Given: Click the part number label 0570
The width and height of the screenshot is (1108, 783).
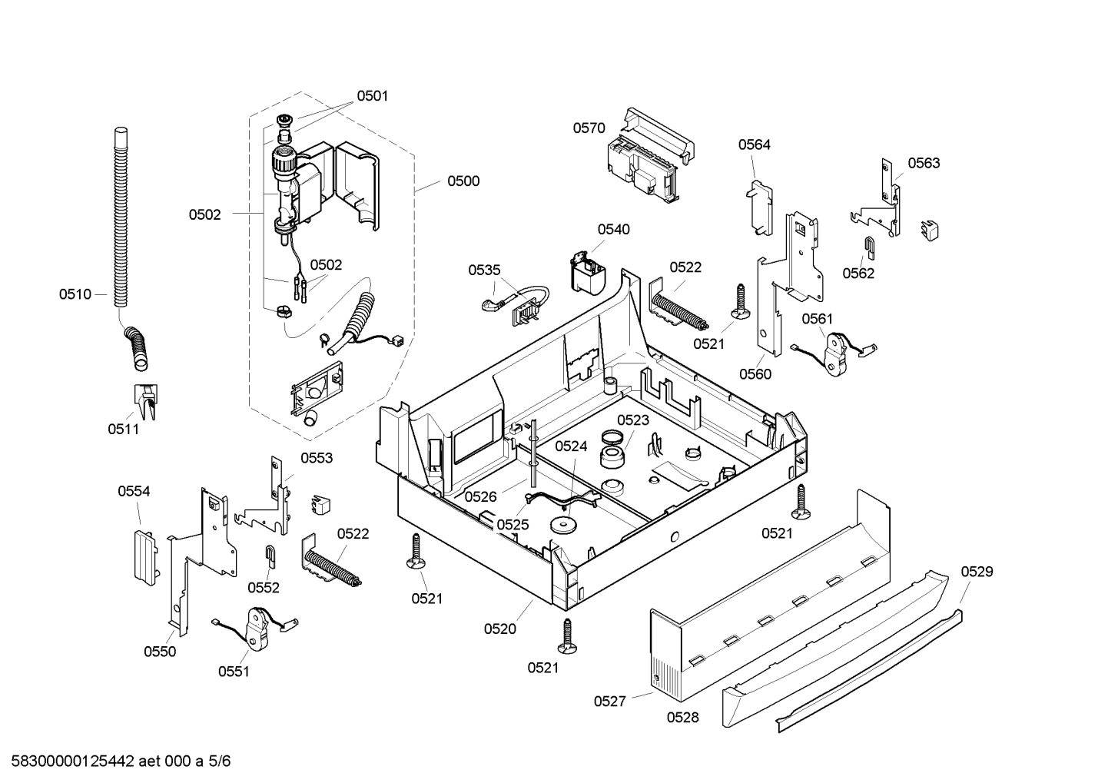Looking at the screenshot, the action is (589, 128).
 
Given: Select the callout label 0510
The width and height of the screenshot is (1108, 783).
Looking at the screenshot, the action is (75, 294).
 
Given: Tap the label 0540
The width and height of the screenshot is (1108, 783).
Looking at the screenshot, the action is (613, 230).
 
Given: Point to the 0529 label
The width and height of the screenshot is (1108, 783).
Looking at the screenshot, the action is (977, 572).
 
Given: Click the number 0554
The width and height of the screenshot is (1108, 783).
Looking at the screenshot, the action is (134, 491).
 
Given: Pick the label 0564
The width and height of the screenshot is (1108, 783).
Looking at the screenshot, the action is (755, 144).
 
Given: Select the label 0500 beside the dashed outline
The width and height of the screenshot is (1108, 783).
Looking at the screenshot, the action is (463, 181).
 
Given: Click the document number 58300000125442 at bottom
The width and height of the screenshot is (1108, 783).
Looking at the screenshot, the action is (73, 761).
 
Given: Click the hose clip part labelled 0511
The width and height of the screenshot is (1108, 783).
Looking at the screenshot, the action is (147, 401).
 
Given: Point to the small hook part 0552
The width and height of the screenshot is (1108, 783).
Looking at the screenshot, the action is (271, 556).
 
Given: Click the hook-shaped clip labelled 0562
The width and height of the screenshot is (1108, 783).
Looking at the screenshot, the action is (870, 247).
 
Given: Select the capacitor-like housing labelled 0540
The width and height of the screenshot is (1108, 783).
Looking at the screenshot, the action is (588, 273).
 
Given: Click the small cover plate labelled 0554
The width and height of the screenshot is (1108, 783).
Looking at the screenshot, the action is (145, 558).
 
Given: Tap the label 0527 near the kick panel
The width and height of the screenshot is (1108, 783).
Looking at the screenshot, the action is (609, 702).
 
